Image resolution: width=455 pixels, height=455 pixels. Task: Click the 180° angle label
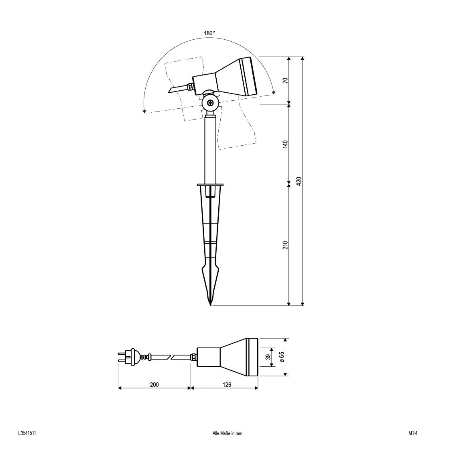209,33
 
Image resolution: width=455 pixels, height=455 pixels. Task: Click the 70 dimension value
286,80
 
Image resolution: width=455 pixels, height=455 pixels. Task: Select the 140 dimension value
286,144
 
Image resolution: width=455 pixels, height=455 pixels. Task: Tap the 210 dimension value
286,245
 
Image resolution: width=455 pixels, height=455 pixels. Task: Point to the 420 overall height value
299,181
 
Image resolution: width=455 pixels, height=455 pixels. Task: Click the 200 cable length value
154,385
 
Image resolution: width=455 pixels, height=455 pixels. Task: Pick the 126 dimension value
227,385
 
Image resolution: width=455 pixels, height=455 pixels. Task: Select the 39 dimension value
269,357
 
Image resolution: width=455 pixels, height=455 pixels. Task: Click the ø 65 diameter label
282,356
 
